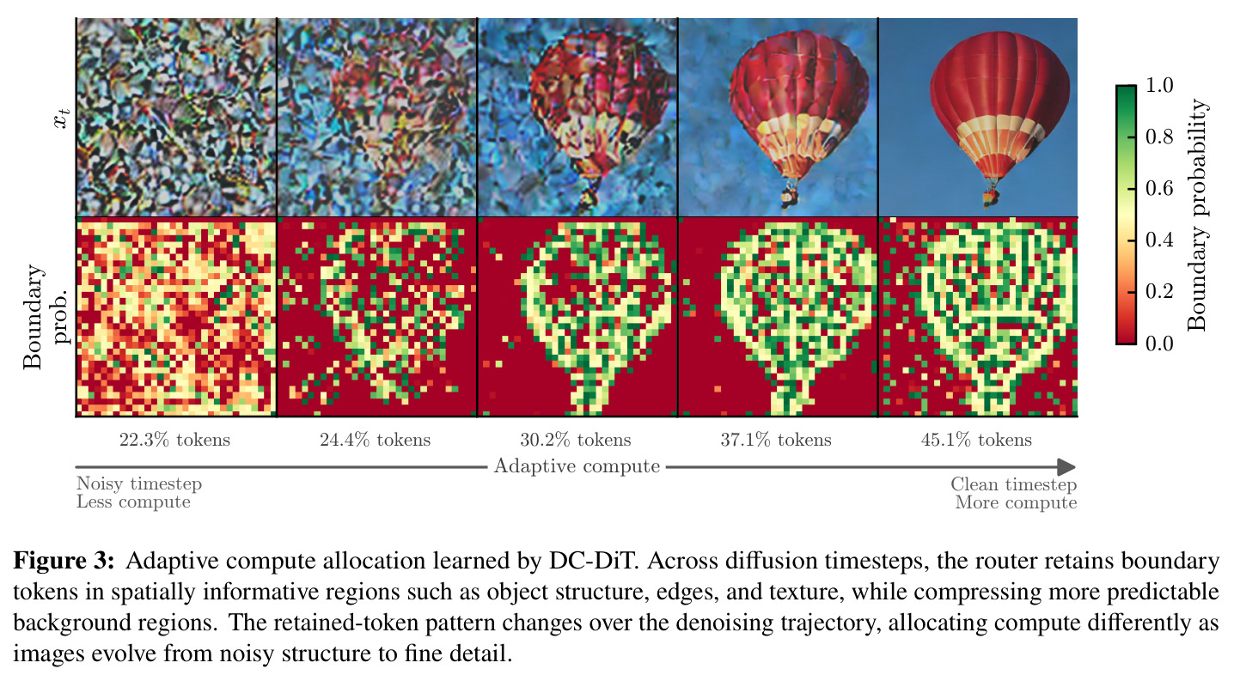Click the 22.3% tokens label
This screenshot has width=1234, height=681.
tap(174, 440)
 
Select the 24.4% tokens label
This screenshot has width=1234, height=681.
tap(376, 440)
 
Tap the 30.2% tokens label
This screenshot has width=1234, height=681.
tap(576, 440)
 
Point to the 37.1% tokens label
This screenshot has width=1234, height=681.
tap(776, 440)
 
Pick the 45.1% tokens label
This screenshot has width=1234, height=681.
tap(976, 440)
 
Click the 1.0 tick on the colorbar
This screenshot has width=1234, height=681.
tap(1159, 85)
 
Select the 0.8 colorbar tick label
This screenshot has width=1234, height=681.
tap(1159, 137)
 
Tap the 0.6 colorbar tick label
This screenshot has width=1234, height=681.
tap(1159, 188)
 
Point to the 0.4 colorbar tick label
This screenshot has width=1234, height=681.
tap(1159, 240)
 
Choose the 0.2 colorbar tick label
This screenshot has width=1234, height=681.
tap(1159, 292)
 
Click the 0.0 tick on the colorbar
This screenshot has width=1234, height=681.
tap(1159, 344)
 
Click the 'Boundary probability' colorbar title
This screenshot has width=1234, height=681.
tap(1196, 215)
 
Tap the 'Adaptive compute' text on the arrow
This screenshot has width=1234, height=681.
tap(577, 466)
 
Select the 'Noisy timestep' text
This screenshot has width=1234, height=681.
tap(139, 483)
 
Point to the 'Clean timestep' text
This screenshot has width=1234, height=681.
tap(1014, 484)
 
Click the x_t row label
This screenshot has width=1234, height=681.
tap(62, 119)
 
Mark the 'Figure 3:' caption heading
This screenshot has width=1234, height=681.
tap(64, 561)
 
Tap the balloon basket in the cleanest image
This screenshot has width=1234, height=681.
tap(991, 198)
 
